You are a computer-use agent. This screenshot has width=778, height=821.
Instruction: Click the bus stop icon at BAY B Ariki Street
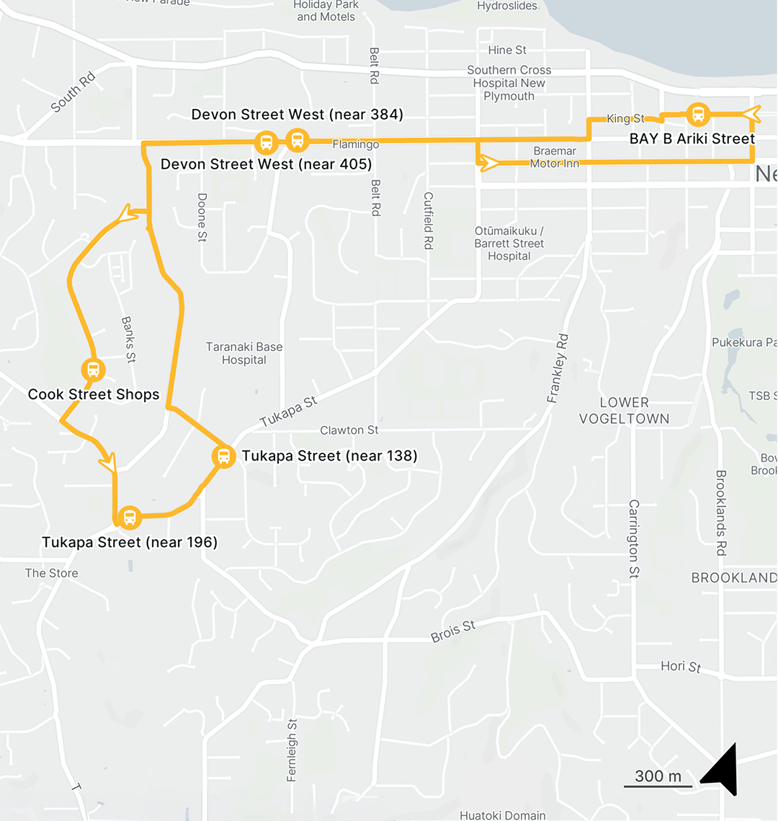tap(697, 114)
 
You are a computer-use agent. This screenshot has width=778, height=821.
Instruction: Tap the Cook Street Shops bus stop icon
tap(93, 370)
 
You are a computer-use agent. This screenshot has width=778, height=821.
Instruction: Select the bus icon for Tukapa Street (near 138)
tap(223, 456)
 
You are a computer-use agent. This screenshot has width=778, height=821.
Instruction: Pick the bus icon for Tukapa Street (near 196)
tap(129, 517)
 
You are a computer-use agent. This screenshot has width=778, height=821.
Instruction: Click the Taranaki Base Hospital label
tap(244, 353)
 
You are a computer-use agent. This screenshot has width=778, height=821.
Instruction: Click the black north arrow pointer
tap(722, 769)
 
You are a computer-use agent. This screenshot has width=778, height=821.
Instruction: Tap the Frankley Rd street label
tap(558, 368)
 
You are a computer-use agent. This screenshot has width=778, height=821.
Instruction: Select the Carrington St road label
tap(634, 540)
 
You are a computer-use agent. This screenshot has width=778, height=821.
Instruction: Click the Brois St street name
tap(453, 631)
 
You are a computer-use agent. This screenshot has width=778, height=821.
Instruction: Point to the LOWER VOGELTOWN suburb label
tap(624, 410)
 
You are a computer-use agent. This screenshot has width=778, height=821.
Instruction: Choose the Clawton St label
tap(349, 430)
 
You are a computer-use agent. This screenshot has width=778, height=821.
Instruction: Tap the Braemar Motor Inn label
tap(555, 157)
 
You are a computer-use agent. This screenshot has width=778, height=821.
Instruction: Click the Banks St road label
tap(128, 339)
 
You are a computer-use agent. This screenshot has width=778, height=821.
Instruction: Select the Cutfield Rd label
tap(428, 221)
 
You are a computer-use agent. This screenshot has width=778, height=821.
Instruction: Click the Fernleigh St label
tap(292, 750)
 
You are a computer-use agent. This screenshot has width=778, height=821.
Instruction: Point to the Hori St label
tap(681, 666)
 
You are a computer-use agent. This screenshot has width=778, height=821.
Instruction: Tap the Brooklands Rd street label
tap(720, 512)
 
